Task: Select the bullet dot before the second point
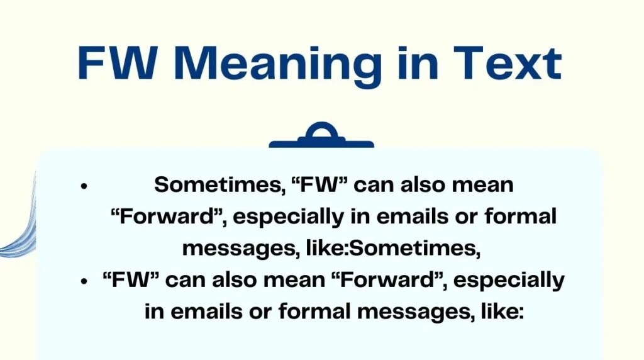point(83,281)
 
